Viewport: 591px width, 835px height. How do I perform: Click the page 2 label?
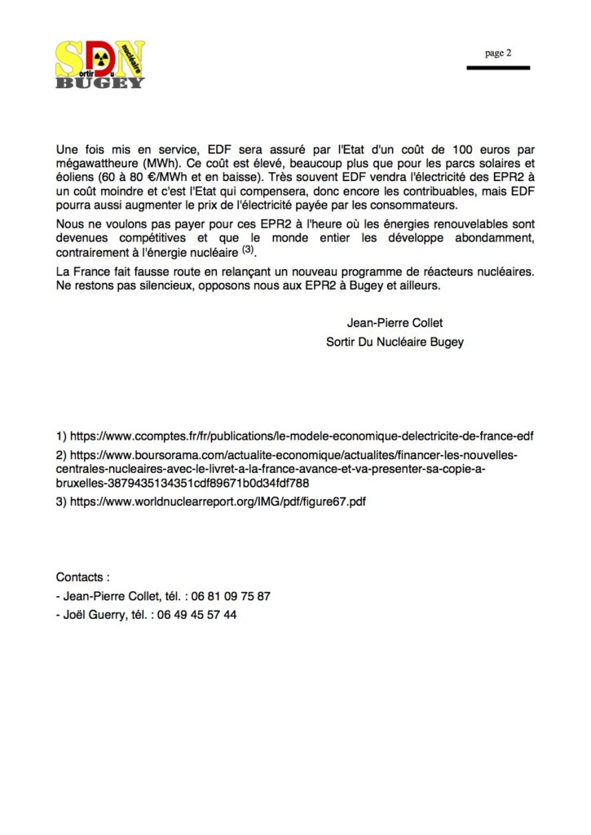click(497, 53)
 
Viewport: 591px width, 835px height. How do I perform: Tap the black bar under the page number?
click(497, 68)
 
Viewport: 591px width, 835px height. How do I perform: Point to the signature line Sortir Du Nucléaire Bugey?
click(395, 342)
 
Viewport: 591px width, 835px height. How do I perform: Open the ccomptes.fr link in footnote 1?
click(302, 435)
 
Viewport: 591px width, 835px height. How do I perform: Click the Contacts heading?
click(82, 577)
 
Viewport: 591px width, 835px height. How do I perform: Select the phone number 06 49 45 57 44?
click(201, 615)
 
